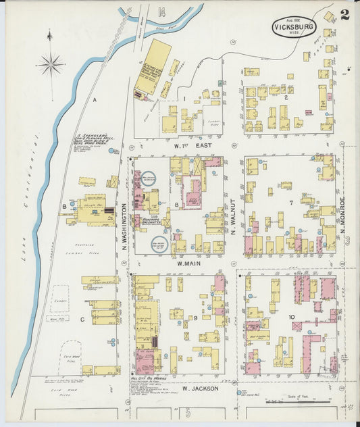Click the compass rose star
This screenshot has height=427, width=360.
tap(51, 65)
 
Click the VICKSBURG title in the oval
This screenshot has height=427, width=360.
tap(294, 27)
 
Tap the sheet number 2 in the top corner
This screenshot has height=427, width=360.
tap(345, 16)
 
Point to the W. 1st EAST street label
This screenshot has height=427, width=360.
tap(191, 144)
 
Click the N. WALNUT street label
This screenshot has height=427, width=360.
tap(234, 217)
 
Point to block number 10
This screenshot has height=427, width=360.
tap(291, 317)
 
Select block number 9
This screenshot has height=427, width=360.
tap(195, 318)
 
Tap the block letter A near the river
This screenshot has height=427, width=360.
tap(95, 100)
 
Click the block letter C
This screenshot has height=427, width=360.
tap(82, 320)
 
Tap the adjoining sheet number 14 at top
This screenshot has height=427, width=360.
tap(161, 11)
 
